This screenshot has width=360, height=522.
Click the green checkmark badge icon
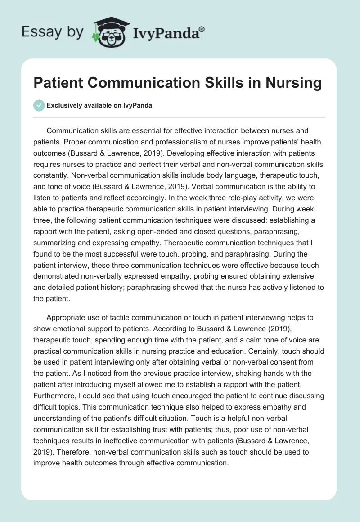pyautogui.click(x=39, y=105)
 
